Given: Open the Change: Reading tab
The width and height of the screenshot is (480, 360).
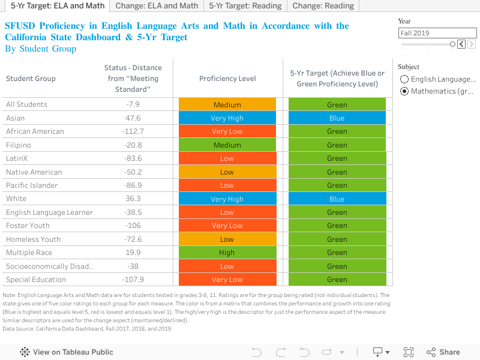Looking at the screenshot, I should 324,6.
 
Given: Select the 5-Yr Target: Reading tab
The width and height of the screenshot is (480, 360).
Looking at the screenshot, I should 245,6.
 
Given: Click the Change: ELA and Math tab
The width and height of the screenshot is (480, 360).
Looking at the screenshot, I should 156,6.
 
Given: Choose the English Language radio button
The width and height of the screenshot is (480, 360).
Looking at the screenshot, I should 405,79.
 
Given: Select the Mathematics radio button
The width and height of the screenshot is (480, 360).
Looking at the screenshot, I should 405,91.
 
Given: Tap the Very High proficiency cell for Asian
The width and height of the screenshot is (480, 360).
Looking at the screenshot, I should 227,118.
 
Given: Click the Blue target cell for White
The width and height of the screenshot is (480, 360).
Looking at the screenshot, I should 337,199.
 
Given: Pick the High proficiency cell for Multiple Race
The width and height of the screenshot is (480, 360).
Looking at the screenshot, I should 227,253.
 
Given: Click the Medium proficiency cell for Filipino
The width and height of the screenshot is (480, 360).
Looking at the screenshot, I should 227,145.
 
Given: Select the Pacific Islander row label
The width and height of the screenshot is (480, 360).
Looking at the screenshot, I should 32,185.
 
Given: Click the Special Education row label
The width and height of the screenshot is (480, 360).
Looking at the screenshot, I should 36,280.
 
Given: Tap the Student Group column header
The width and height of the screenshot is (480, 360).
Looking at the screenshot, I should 31,79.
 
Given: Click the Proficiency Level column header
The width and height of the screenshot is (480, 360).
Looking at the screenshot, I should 227,79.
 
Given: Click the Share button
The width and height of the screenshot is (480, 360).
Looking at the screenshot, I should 443,352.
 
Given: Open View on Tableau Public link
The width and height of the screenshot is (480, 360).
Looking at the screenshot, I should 67,352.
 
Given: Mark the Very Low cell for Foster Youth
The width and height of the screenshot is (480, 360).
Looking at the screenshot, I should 227,226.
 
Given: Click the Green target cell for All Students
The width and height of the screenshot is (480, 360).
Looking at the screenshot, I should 337,105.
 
